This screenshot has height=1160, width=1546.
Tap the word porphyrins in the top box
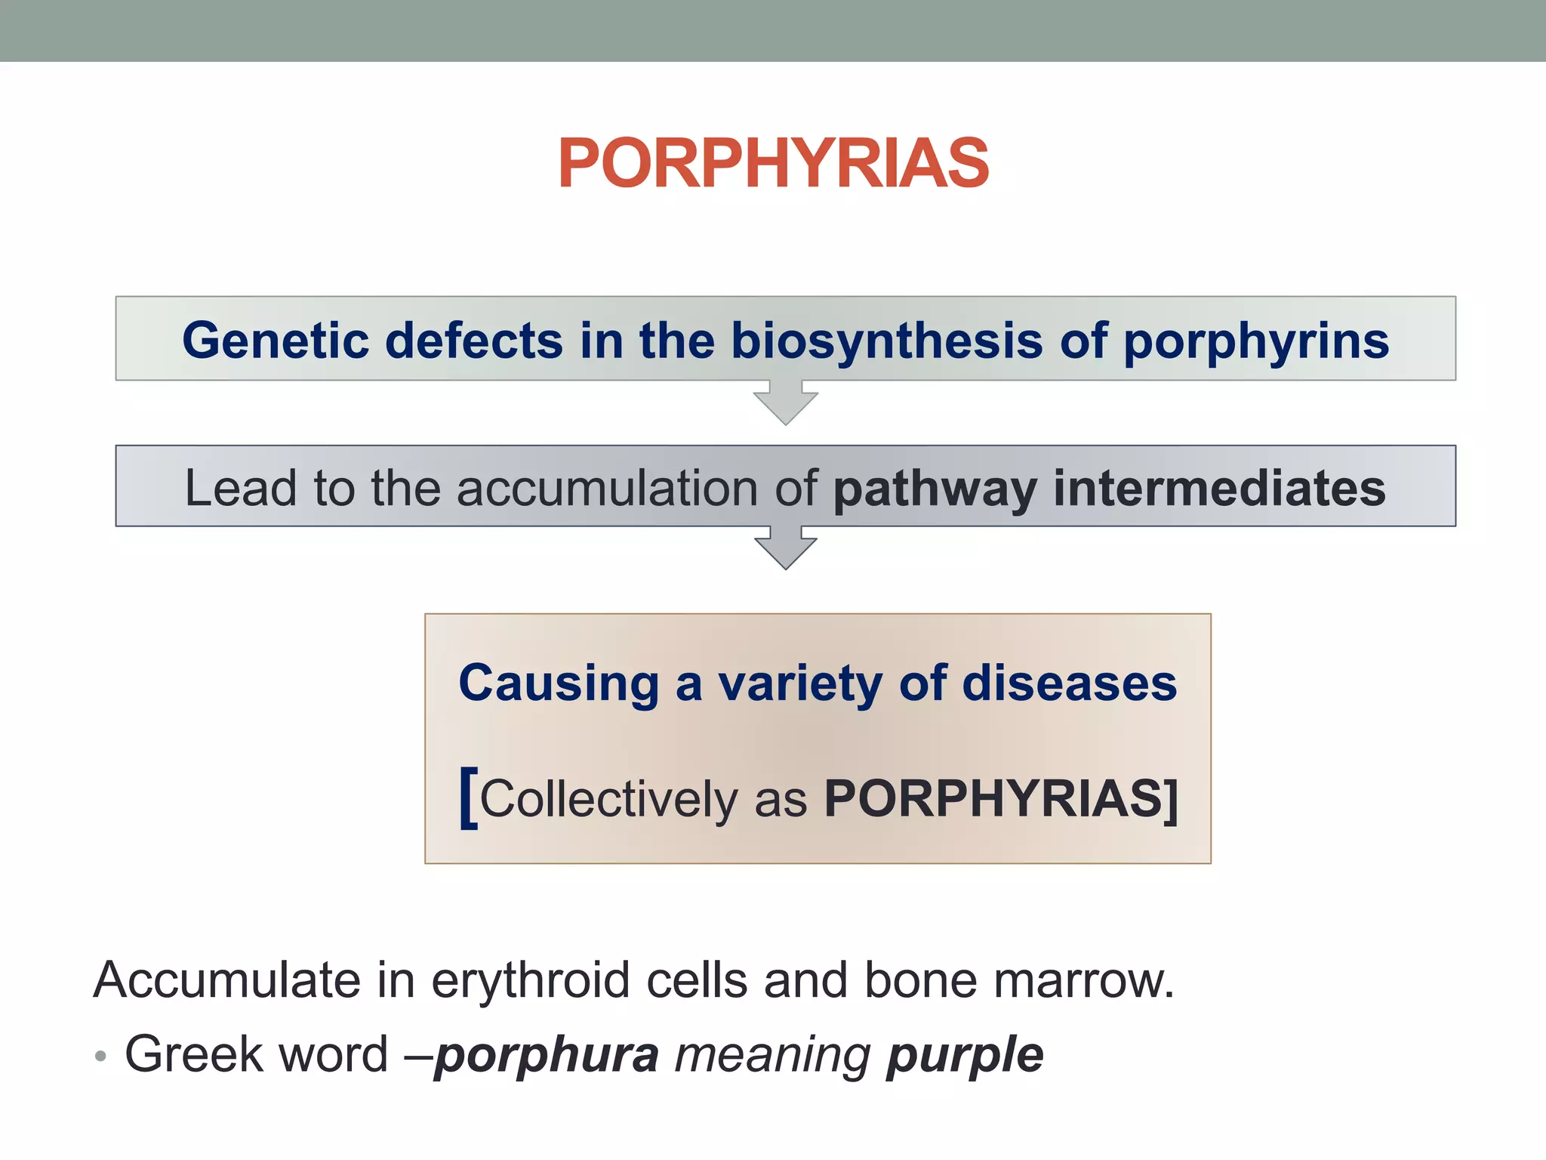[1256, 341]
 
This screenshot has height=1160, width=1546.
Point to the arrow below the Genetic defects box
[785, 403]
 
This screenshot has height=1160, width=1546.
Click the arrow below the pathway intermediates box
[785, 548]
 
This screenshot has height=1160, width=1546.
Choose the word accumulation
[607, 488]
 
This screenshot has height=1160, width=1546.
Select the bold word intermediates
[1219, 488]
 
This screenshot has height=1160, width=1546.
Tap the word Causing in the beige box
[559, 683]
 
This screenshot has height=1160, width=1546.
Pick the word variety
[799, 683]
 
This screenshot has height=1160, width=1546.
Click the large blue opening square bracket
[469, 797]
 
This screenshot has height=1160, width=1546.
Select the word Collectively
[608, 799]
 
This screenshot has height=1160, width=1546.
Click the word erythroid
[530, 980]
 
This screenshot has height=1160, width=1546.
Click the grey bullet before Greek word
[100, 1055]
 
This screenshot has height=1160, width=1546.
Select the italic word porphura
[547, 1056]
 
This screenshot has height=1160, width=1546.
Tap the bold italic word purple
[965, 1056]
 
